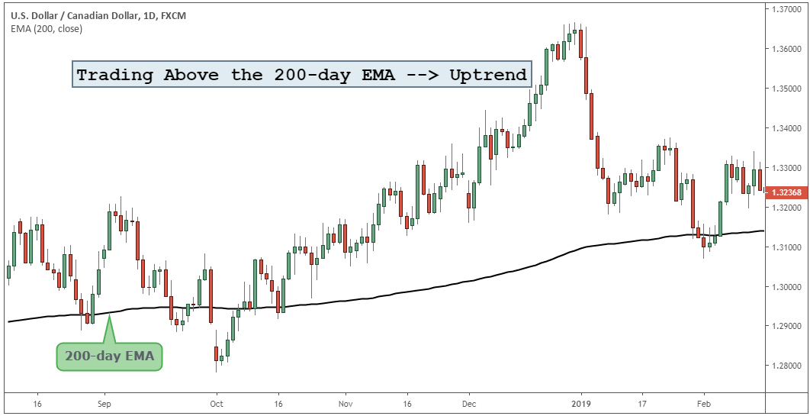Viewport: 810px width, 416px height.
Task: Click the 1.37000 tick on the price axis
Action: [x=785, y=9]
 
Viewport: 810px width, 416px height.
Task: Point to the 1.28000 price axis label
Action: [x=785, y=366]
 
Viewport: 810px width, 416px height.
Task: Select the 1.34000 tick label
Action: [x=785, y=128]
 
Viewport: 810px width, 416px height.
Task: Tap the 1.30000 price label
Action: [x=785, y=287]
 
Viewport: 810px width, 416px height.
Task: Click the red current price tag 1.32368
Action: [x=785, y=192]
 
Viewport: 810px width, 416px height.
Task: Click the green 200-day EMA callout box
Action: [x=110, y=356]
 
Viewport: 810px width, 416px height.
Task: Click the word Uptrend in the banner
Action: [x=487, y=75]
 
